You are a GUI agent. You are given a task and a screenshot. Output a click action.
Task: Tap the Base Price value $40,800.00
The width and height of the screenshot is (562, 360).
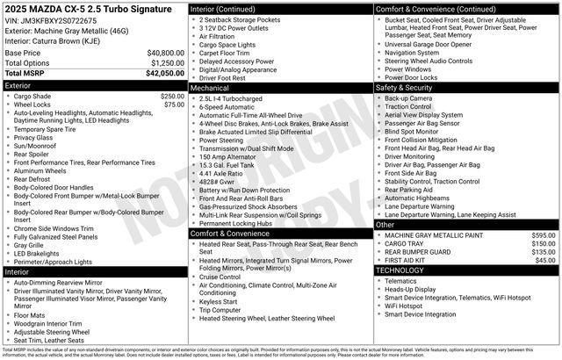tap(160, 53)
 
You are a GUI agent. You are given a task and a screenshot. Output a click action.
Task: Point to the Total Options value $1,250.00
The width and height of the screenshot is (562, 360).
tap(162, 63)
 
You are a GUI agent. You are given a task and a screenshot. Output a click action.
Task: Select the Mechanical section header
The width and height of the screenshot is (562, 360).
tap(210, 88)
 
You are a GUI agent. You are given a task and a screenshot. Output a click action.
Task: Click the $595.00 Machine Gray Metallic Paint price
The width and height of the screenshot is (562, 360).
tap(544, 235)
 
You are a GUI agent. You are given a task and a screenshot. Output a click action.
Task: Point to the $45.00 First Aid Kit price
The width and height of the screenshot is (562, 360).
tap(545, 260)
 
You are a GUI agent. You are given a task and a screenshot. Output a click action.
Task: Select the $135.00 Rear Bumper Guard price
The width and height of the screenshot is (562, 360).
tap(544, 252)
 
